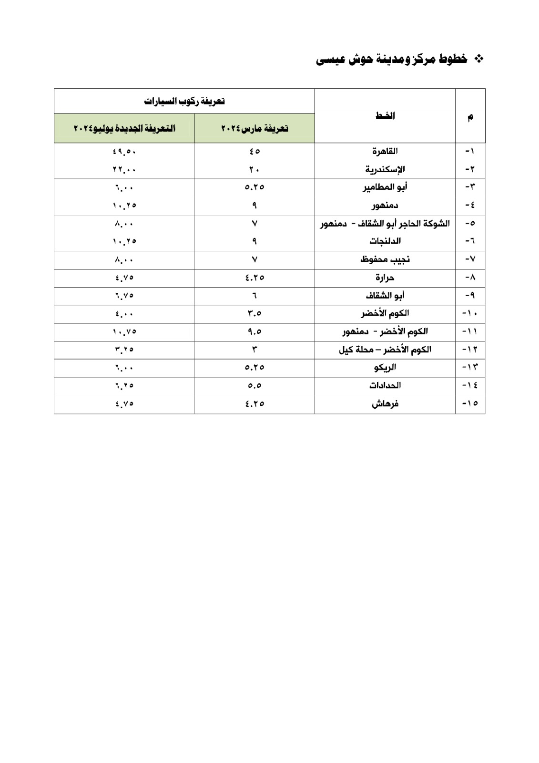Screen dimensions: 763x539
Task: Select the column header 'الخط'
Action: coord(385,116)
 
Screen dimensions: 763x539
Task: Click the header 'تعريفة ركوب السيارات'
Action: coord(184,101)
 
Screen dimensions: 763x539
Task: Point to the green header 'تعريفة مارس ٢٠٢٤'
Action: coord(254,129)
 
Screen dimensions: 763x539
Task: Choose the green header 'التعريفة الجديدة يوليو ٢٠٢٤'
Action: coord(124,129)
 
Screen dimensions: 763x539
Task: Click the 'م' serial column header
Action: coord(470,117)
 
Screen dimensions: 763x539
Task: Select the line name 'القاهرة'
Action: coord(385,151)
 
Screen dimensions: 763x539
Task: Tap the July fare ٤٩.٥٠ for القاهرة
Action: coord(124,151)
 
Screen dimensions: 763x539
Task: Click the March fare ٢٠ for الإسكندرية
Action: coord(254,169)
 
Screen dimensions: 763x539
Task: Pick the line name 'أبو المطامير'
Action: coord(385,187)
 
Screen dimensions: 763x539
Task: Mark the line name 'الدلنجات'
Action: coord(385,241)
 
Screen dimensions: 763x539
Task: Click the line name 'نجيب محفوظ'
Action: coord(385,259)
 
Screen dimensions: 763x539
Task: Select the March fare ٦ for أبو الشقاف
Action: coord(254,296)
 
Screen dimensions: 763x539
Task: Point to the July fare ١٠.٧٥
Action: coord(124,331)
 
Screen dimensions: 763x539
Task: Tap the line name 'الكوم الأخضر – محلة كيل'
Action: coord(385,350)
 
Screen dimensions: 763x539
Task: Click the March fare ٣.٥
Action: coord(254,313)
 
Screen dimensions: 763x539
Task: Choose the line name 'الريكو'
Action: coord(385,368)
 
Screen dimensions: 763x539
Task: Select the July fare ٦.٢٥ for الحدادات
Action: coord(124,385)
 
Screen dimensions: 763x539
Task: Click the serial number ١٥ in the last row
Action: coord(470,403)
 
